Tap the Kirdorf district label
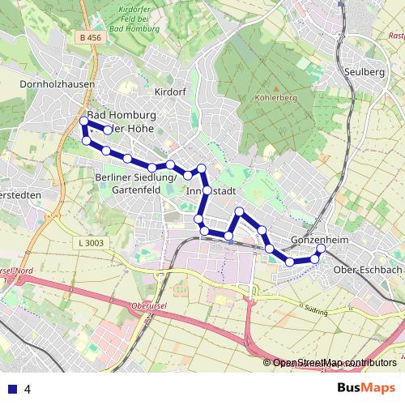pos(170,92)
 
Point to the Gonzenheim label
pos(314,241)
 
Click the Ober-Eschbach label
pos(369,269)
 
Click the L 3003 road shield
pos(94,242)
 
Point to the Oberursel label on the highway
pos(146,307)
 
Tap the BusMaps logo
pos(366,388)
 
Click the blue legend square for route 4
pos(12,389)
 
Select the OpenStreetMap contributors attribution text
pos(334,363)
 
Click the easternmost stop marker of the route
pos(319,250)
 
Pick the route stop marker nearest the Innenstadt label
pos(207,190)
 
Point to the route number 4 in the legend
pos(28,389)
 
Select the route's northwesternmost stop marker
pos(83,122)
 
